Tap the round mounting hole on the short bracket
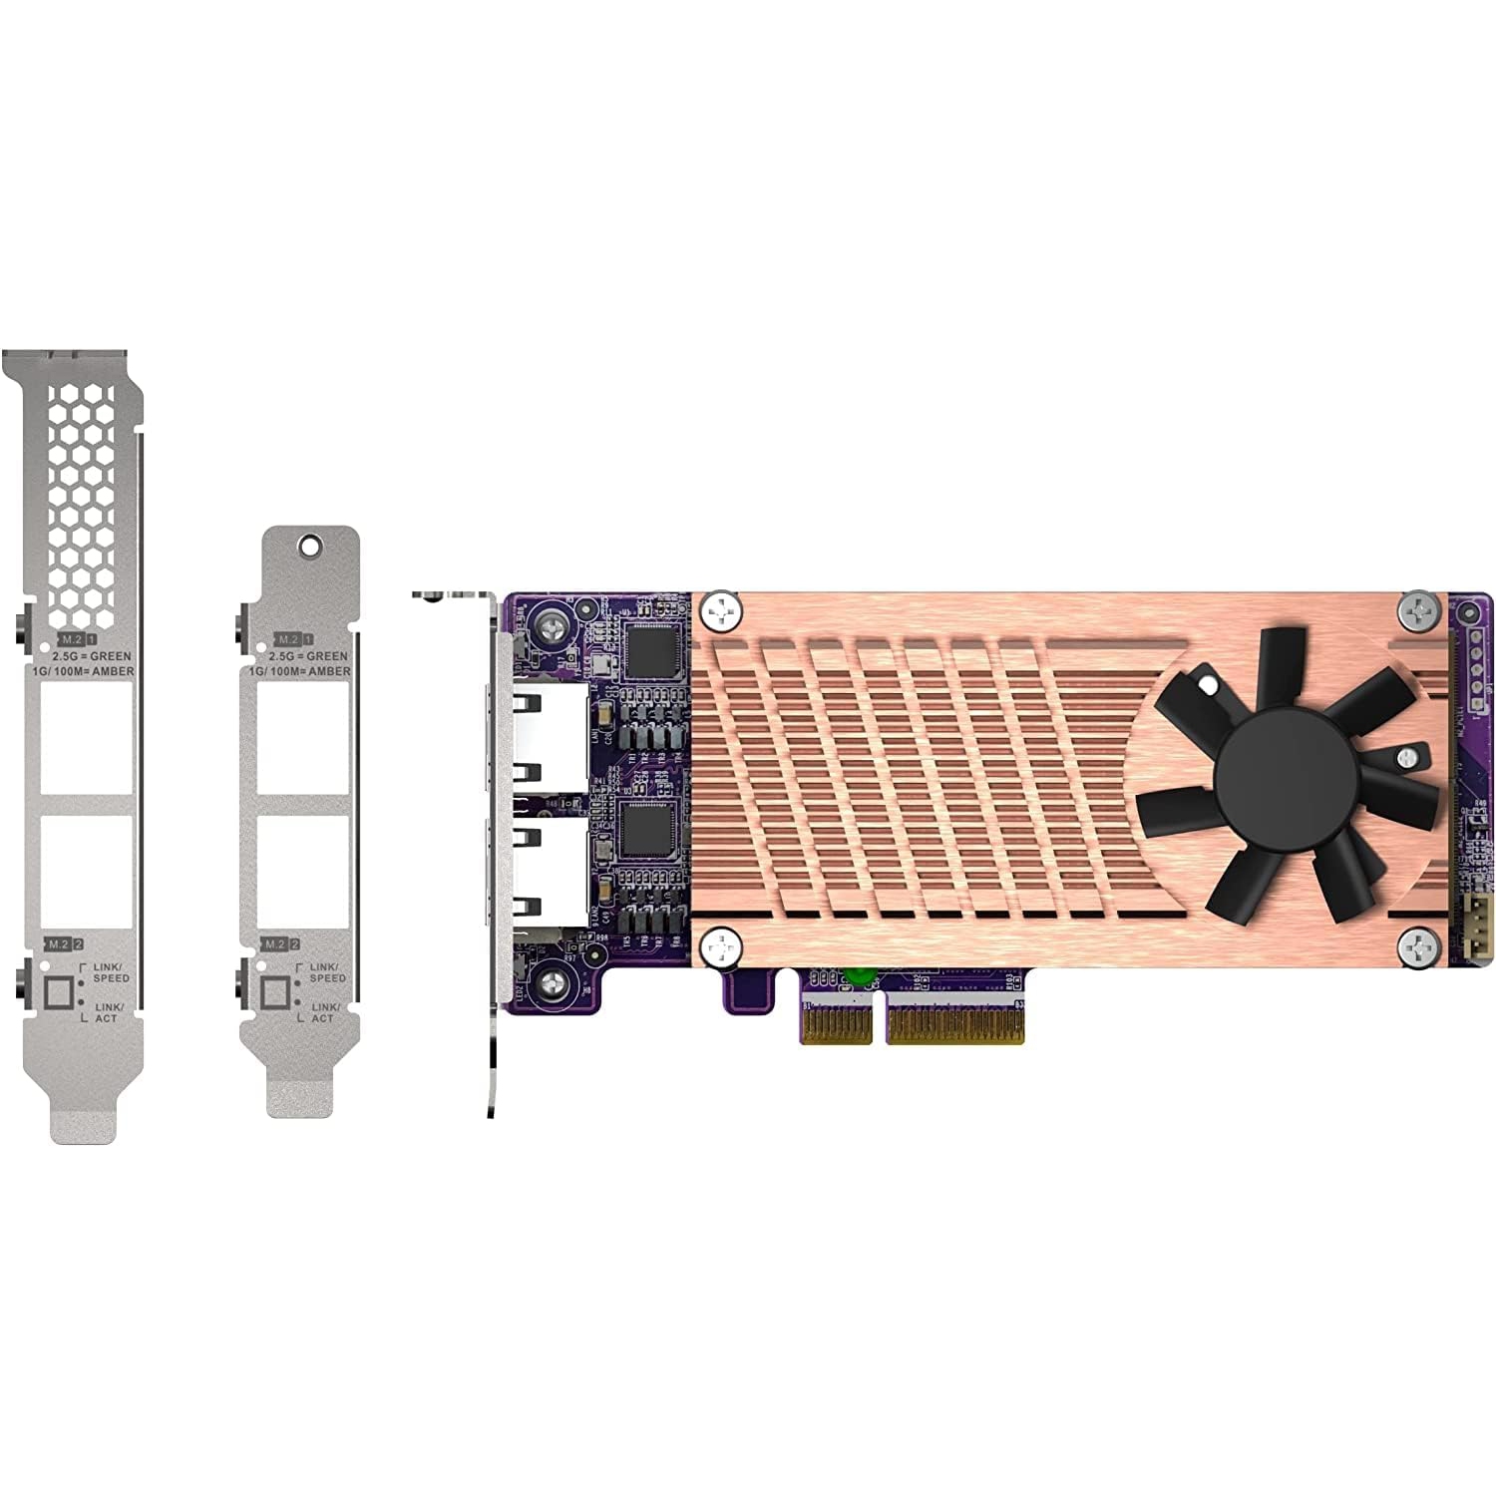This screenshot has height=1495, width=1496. coord(310,546)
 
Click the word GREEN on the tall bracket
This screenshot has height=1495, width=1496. coord(110,656)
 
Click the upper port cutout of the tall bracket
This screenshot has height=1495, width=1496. coord(87,743)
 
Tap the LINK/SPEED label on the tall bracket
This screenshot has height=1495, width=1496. coord(110,972)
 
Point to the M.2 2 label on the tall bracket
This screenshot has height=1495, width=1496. coord(65,943)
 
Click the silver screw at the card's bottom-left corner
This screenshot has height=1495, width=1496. coord(555,984)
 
